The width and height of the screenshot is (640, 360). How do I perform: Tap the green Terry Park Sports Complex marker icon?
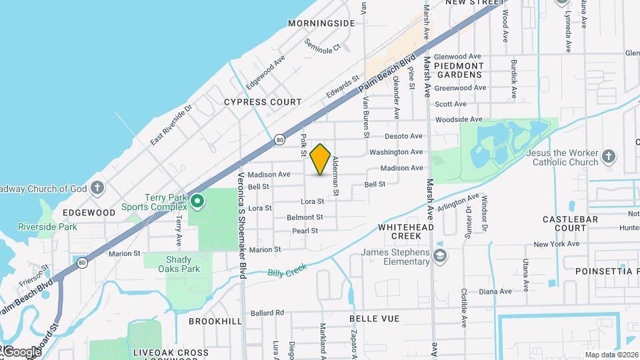(x=197, y=201)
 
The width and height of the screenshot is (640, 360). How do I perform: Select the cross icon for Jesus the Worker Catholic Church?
(x=607, y=156)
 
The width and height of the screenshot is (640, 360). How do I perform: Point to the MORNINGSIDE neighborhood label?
(x=321, y=23)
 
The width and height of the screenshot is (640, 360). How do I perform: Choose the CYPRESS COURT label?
(x=263, y=102)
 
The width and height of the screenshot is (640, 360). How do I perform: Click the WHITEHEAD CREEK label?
(x=400, y=231)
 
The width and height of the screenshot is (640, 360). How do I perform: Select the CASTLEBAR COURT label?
(x=564, y=223)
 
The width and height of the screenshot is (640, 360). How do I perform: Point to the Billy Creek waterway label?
(x=287, y=270)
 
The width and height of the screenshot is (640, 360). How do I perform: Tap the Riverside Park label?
(x=47, y=227)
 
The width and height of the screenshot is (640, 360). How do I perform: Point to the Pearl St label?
(x=305, y=231)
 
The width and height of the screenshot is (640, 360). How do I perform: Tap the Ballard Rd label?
(x=267, y=312)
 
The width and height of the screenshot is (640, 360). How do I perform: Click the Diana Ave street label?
(x=495, y=291)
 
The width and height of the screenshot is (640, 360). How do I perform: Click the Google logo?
(x=21, y=351)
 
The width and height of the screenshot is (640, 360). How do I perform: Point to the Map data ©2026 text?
(x=611, y=355)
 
